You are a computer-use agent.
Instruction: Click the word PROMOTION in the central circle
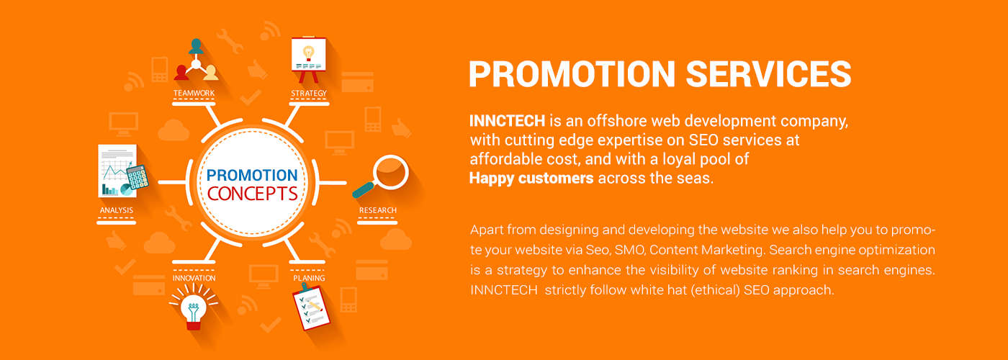pyautogui.click(x=252, y=175)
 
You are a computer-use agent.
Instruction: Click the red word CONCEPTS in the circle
pyautogui.click(x=253, y=194)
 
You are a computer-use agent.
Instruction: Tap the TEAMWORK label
pyautogui.click(x=194, y=93)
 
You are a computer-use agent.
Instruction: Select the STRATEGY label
pyautogui.click(x=309, y=93)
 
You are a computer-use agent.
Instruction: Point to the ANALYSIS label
pyautogui.click(x=117, y=210)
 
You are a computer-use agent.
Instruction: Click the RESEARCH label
pyautogui.click(x=377, y=210)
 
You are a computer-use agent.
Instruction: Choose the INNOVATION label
pyautogui.click(x=194, y=278)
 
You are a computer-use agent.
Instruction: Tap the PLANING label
pyautogui.click(x=309, y=278)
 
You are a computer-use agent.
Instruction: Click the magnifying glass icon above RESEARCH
pyautogui.click(x=381, y=176)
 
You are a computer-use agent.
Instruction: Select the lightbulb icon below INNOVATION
pyautogui.click(x=194, y=307)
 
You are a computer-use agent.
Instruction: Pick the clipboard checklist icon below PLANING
pyautogui.click(x=311, y=307)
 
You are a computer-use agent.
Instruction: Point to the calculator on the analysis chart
pyautogui.click(x=138, y=177)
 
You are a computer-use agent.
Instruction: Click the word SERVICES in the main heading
pyautogui.click(x=768, y=74)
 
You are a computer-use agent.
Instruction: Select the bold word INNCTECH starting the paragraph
pyautogui.click(x=507, y=121)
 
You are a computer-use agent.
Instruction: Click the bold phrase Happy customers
pyautogui.click(x=531, y=179)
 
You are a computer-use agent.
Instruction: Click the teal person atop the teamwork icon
pyautogui.click(x=196, y=46)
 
